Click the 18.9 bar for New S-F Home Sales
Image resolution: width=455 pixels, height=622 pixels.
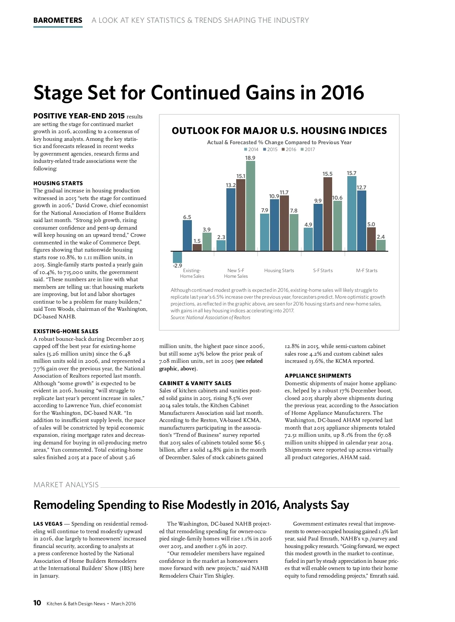(x=250, y=206)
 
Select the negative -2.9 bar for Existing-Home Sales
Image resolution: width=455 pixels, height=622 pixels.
(x=177, y=257)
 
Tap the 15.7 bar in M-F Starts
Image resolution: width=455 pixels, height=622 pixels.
(x=351, y=214)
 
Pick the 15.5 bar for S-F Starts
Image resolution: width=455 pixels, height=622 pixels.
(x=328, y=214)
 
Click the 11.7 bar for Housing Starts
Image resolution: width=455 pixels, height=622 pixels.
(x=284, y=223)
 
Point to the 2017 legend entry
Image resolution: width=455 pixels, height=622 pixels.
(x=308, y=150)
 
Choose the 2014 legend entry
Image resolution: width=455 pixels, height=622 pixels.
(x=251, y=150)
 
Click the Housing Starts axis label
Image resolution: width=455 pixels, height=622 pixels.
(x=279, y=271)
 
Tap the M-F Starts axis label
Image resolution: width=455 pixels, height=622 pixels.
(x=367, y=271)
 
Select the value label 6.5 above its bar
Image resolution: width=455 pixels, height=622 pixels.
(x=187, y=217)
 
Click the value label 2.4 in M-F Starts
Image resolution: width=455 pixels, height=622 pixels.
(x=381, y=237)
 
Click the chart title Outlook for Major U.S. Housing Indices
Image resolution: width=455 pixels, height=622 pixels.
(x=279, y=131)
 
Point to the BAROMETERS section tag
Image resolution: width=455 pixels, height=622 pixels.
(x=58, y=20)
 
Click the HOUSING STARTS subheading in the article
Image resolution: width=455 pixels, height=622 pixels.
(x=58, y=183)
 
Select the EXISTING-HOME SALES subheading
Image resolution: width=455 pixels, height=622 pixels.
(x=66, y=331)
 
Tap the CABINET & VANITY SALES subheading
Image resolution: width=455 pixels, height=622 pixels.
(x=195, y=383)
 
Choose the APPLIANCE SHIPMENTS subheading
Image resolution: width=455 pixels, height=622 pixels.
(x=318, y=376)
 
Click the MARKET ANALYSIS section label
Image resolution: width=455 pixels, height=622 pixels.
(x=66, y=485)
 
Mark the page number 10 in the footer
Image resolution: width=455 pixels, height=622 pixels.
(x=37, y=603)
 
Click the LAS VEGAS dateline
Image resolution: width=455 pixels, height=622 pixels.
(x=48, y=524)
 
